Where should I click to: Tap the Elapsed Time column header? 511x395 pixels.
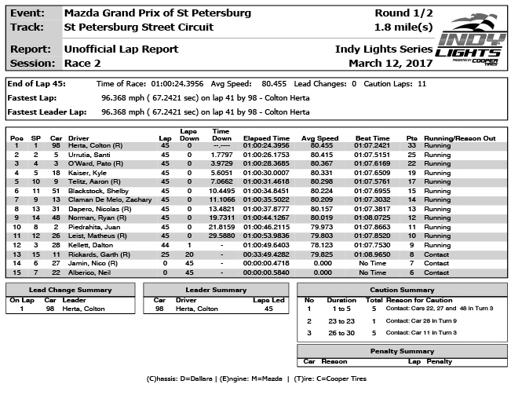266,138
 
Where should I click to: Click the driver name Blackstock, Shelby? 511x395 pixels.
100,189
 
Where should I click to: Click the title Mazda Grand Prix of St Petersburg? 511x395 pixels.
157,13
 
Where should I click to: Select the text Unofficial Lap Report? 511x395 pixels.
121,49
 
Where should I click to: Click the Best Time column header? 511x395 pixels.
372,138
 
